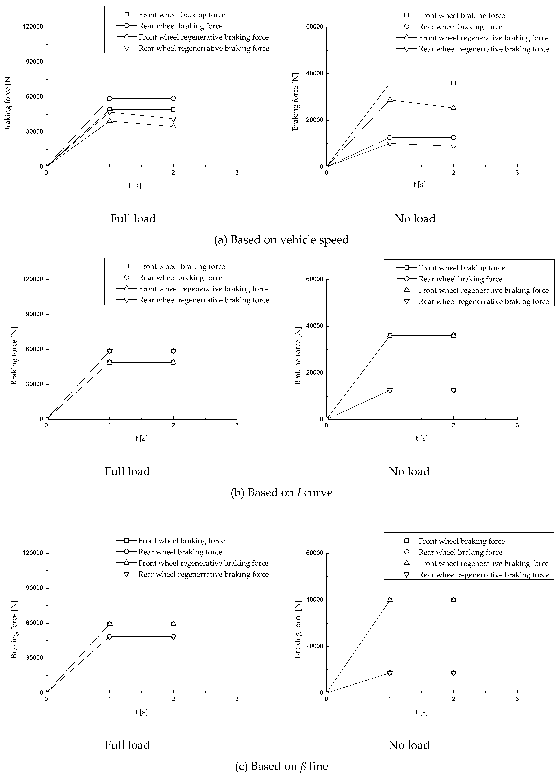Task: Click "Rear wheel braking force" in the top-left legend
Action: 180,26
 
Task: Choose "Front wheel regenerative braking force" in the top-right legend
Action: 483,38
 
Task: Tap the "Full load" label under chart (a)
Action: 133,219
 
